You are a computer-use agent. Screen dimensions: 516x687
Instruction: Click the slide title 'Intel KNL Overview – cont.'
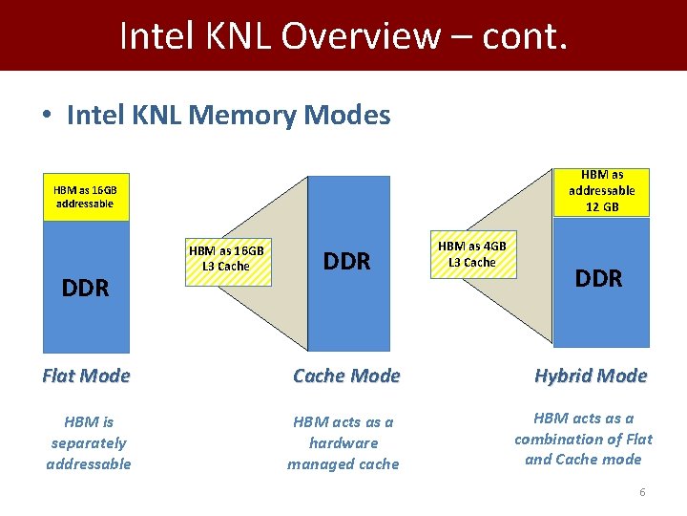[x=343, y=35]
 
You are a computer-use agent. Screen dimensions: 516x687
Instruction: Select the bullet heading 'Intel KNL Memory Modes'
[x=228, y=116]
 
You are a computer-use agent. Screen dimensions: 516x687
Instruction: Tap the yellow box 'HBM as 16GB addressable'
[x=86, y=197]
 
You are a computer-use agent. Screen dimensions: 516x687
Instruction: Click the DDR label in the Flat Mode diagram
[x=86, y=288]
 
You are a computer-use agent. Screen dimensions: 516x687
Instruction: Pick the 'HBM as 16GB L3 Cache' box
[x=226, y=258]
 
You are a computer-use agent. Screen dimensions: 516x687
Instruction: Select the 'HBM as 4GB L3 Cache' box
[x=473, y=254]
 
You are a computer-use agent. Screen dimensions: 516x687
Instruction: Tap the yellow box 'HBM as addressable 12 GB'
[x=601, y=191]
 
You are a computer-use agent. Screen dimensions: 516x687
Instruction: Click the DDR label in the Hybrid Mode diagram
[x=598, y=278]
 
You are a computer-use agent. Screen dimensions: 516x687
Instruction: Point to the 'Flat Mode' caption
[x=86, y=376]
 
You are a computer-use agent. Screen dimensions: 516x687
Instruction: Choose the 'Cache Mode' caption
[x=346, y=376]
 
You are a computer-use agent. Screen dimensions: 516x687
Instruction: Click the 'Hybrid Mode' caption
[x=591, y=376]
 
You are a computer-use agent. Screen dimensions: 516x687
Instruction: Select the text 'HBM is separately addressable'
[x=89, y=442]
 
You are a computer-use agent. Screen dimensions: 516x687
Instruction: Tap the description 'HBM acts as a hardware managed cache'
[x=343, y=442]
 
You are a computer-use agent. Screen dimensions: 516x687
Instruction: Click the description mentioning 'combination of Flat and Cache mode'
[x=584, y=439]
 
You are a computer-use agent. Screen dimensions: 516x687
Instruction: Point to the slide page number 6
[x=642, y=492]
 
